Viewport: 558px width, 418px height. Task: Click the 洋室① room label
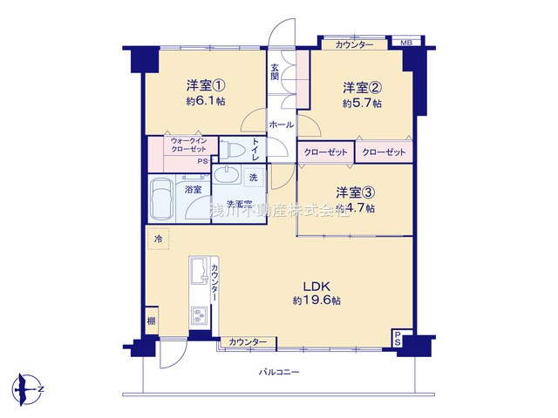tap(205, 85)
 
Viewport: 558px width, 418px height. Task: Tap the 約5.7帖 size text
tap(359, 103)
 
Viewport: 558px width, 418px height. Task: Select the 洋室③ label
tap(356, 192)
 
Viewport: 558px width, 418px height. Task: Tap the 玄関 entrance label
tap(275, 71)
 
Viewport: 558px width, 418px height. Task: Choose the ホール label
tap(280, 125)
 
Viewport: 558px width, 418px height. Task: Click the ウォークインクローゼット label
tap(188, 145)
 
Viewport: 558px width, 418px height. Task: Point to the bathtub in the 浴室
tap(161, 199)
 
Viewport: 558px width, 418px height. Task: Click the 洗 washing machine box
tap(253, 178)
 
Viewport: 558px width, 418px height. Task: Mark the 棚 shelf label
tap(151, 320)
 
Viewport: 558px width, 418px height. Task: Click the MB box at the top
tap(405, 44)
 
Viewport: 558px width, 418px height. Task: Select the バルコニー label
tap(279, 372)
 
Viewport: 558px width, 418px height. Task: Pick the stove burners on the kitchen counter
tap(199, 317)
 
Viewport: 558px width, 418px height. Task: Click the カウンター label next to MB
tap(353, 44)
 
